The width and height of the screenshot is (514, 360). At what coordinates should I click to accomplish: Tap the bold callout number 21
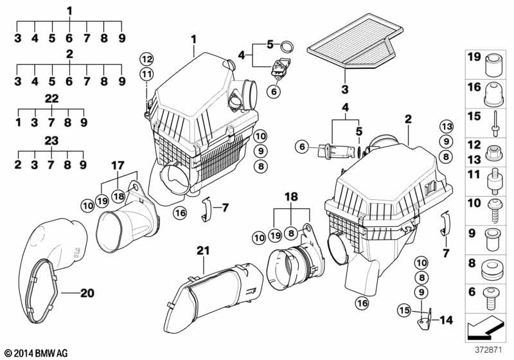pos(203,251)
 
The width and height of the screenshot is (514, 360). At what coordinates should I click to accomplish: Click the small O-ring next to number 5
pos(287,47)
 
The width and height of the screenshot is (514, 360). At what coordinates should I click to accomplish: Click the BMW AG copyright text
pos(37,353)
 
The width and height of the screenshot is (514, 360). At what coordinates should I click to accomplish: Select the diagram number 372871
pos(488,350)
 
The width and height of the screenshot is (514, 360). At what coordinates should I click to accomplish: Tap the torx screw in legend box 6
pos(491,298)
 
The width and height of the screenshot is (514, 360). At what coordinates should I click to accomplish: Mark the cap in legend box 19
pos(493,66)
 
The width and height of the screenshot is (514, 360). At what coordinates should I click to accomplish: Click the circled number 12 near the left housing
pos(146,59)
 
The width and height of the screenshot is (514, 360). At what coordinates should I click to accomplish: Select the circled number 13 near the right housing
pos(446,126)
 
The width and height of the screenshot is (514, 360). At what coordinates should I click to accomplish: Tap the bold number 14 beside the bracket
pos(446,320)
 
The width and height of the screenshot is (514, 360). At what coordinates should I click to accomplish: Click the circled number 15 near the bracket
pos(404,310)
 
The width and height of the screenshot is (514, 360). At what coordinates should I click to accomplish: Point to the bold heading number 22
pos(51,99)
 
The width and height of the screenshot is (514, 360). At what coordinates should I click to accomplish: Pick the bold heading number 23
pos(51,141)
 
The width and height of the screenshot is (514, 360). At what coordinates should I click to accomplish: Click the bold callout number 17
pos(118,166)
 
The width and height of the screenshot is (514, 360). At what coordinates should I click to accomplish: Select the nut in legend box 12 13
pos(493,153)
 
